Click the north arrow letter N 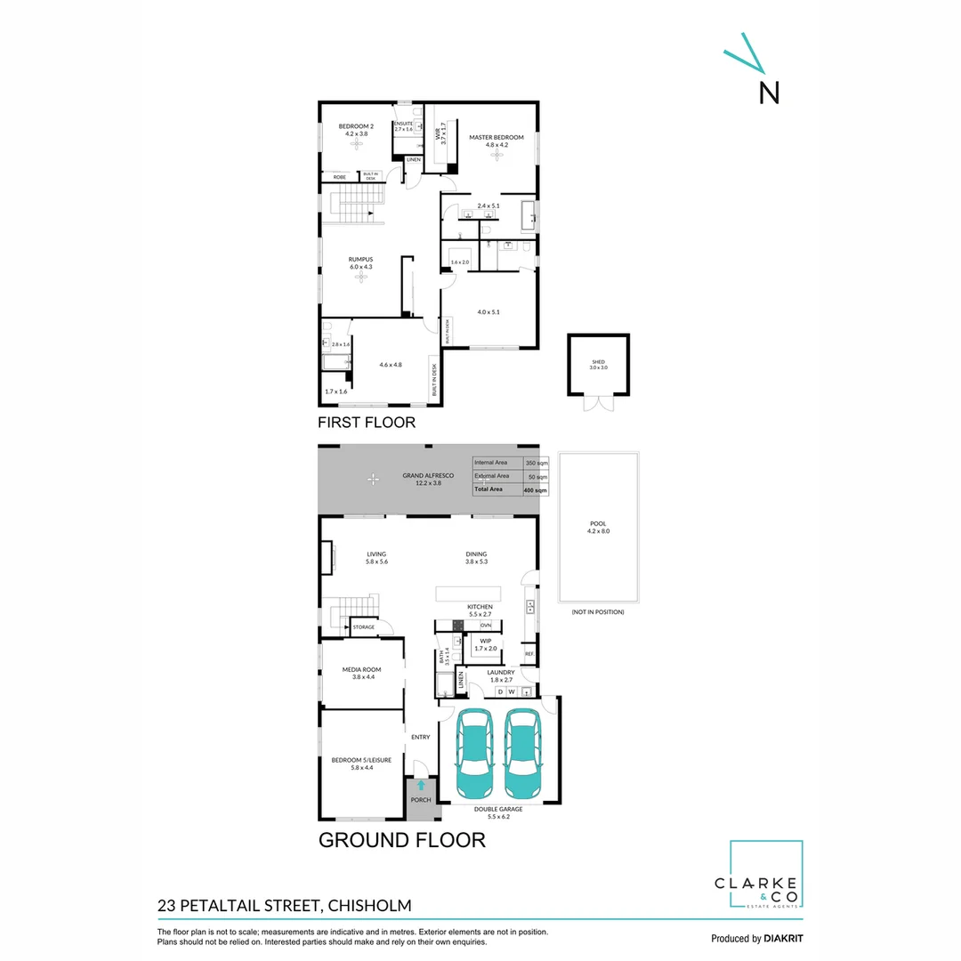tap(769, 92)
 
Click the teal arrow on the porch tap(420, 786)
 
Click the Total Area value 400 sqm tap(536, 490)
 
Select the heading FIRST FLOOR tap(367, 423)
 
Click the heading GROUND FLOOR tap(402, 839)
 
